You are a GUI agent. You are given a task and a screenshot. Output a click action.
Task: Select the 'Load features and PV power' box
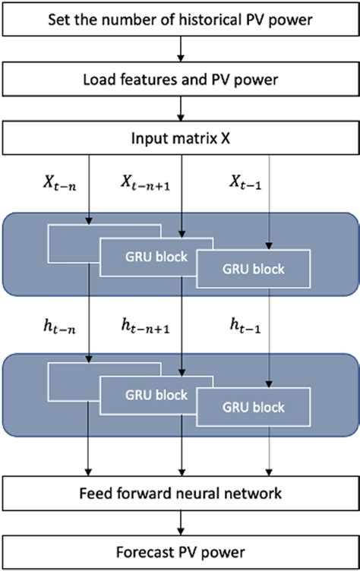pos(180,76)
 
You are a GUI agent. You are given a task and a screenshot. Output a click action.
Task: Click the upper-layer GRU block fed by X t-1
pos(254,269)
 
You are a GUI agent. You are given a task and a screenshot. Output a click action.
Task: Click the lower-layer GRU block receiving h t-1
pos(254,408)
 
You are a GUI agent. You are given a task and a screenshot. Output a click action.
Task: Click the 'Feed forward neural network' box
pos(180,493)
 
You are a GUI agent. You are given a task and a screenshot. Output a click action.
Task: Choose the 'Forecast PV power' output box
pos(180,551)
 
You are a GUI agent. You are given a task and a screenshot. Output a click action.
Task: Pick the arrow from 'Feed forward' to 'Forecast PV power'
pos(180,522)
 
